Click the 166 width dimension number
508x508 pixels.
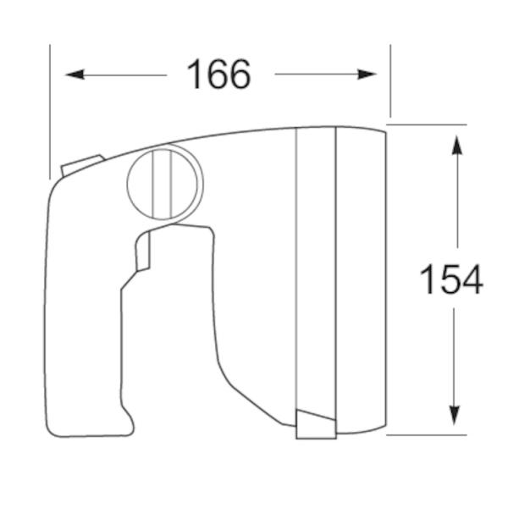coord(218,75)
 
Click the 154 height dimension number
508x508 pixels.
coord(451,279)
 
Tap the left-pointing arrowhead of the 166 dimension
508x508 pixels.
coord(75,75)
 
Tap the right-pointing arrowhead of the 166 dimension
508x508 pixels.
coord(367,75)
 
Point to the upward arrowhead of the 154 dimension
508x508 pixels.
coord(457,146)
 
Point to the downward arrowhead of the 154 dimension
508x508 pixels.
coord(454,416)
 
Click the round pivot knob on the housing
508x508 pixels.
coord(163,183)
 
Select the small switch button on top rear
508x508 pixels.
coord(81,166)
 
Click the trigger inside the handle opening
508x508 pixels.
coord(143,251)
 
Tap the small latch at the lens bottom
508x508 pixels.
coord(316,424)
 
